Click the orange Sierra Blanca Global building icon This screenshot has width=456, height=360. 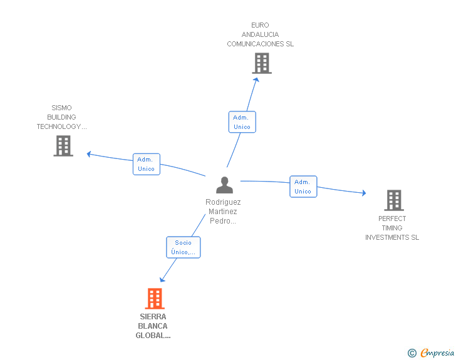click(155, 299)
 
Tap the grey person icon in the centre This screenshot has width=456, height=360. click(224, 185)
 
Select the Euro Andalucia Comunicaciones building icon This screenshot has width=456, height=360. click(262, 63)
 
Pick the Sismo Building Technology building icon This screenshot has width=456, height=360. click(63, 146)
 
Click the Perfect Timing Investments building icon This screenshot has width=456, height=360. click(394, 200)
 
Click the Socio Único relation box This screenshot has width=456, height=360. click(183, 247)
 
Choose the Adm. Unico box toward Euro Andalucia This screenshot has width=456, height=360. click(242, 122)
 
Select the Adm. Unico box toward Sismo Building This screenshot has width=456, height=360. click(147, 164)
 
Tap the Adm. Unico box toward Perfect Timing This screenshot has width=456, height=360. click(303, 187)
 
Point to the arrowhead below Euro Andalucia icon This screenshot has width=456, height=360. click(256, 80)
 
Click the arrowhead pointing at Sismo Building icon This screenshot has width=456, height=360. click(89, 154)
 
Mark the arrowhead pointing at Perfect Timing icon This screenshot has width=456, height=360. click(364, 193)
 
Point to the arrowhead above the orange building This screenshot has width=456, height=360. click(162, 280)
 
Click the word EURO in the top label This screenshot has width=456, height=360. click(260, 25)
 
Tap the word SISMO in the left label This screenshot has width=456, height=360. click(61, 108)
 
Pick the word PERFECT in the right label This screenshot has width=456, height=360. click(392, 219)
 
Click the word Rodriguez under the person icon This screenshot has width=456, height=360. click(223, 202)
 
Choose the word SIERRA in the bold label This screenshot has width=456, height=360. click(153, 317)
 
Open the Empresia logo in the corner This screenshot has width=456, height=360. click(431, 352)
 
